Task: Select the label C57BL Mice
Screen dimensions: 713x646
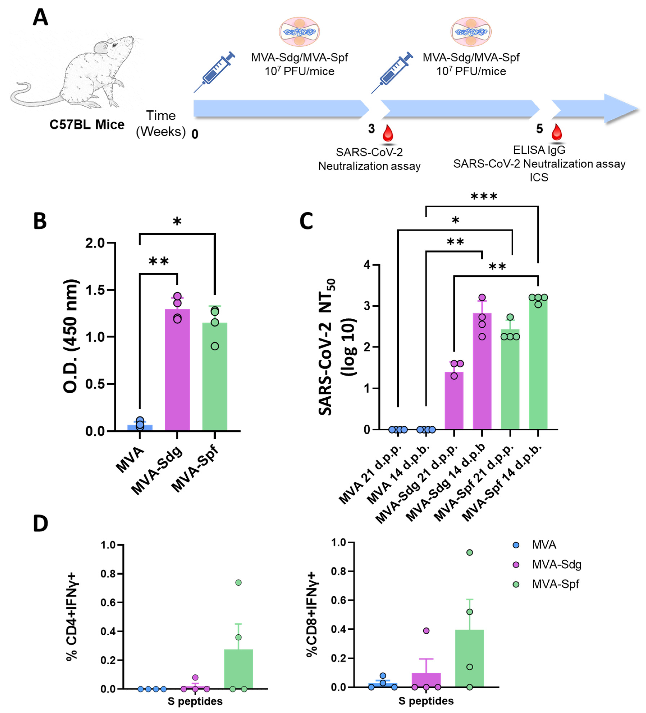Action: [87, 125]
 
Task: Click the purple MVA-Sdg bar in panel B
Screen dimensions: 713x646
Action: [177, 370]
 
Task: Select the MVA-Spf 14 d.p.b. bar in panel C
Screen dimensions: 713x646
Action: [538, 364]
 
